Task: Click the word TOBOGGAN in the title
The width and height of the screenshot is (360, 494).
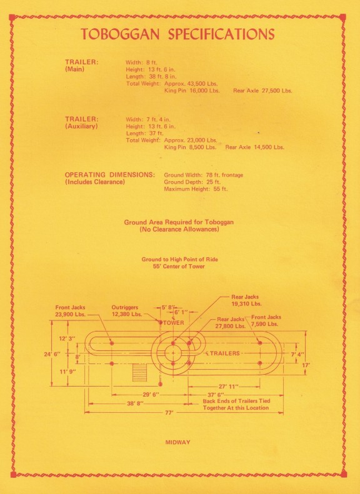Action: tap(120, 34)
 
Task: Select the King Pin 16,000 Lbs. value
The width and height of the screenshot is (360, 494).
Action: tap(192, 91)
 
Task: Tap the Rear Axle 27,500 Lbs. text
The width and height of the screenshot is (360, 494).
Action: tap(262, 91)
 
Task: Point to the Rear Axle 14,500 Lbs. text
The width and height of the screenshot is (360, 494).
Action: tap(255, 147)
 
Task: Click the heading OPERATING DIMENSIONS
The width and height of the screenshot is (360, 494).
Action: tap(110, 175)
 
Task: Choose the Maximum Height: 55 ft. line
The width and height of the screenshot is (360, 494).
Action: tap(196, 189)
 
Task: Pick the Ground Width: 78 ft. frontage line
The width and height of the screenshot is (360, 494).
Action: tap(203, 175)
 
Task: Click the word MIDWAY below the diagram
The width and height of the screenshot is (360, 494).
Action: tap(177, 442)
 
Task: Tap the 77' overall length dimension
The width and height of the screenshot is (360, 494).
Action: tap(169, 412)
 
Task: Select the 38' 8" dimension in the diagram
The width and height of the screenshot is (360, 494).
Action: tap(135, 403)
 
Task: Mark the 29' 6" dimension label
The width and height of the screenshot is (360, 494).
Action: tap(151, 395)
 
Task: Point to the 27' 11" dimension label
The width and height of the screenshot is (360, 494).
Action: tap(228, 387)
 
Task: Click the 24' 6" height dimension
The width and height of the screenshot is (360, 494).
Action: tap(52, 354)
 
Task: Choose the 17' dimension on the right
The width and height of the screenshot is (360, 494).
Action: tap(306, 365)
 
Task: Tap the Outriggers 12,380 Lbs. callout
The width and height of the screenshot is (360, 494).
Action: tap(127, 310)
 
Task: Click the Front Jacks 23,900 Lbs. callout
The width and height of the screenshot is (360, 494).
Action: tap(70, 310)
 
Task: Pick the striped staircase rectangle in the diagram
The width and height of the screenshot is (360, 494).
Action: tap(139, 372)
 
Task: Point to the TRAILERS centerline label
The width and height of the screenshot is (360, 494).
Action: tap(224, 353)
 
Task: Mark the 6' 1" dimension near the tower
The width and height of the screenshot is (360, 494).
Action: tap(181, 312)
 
